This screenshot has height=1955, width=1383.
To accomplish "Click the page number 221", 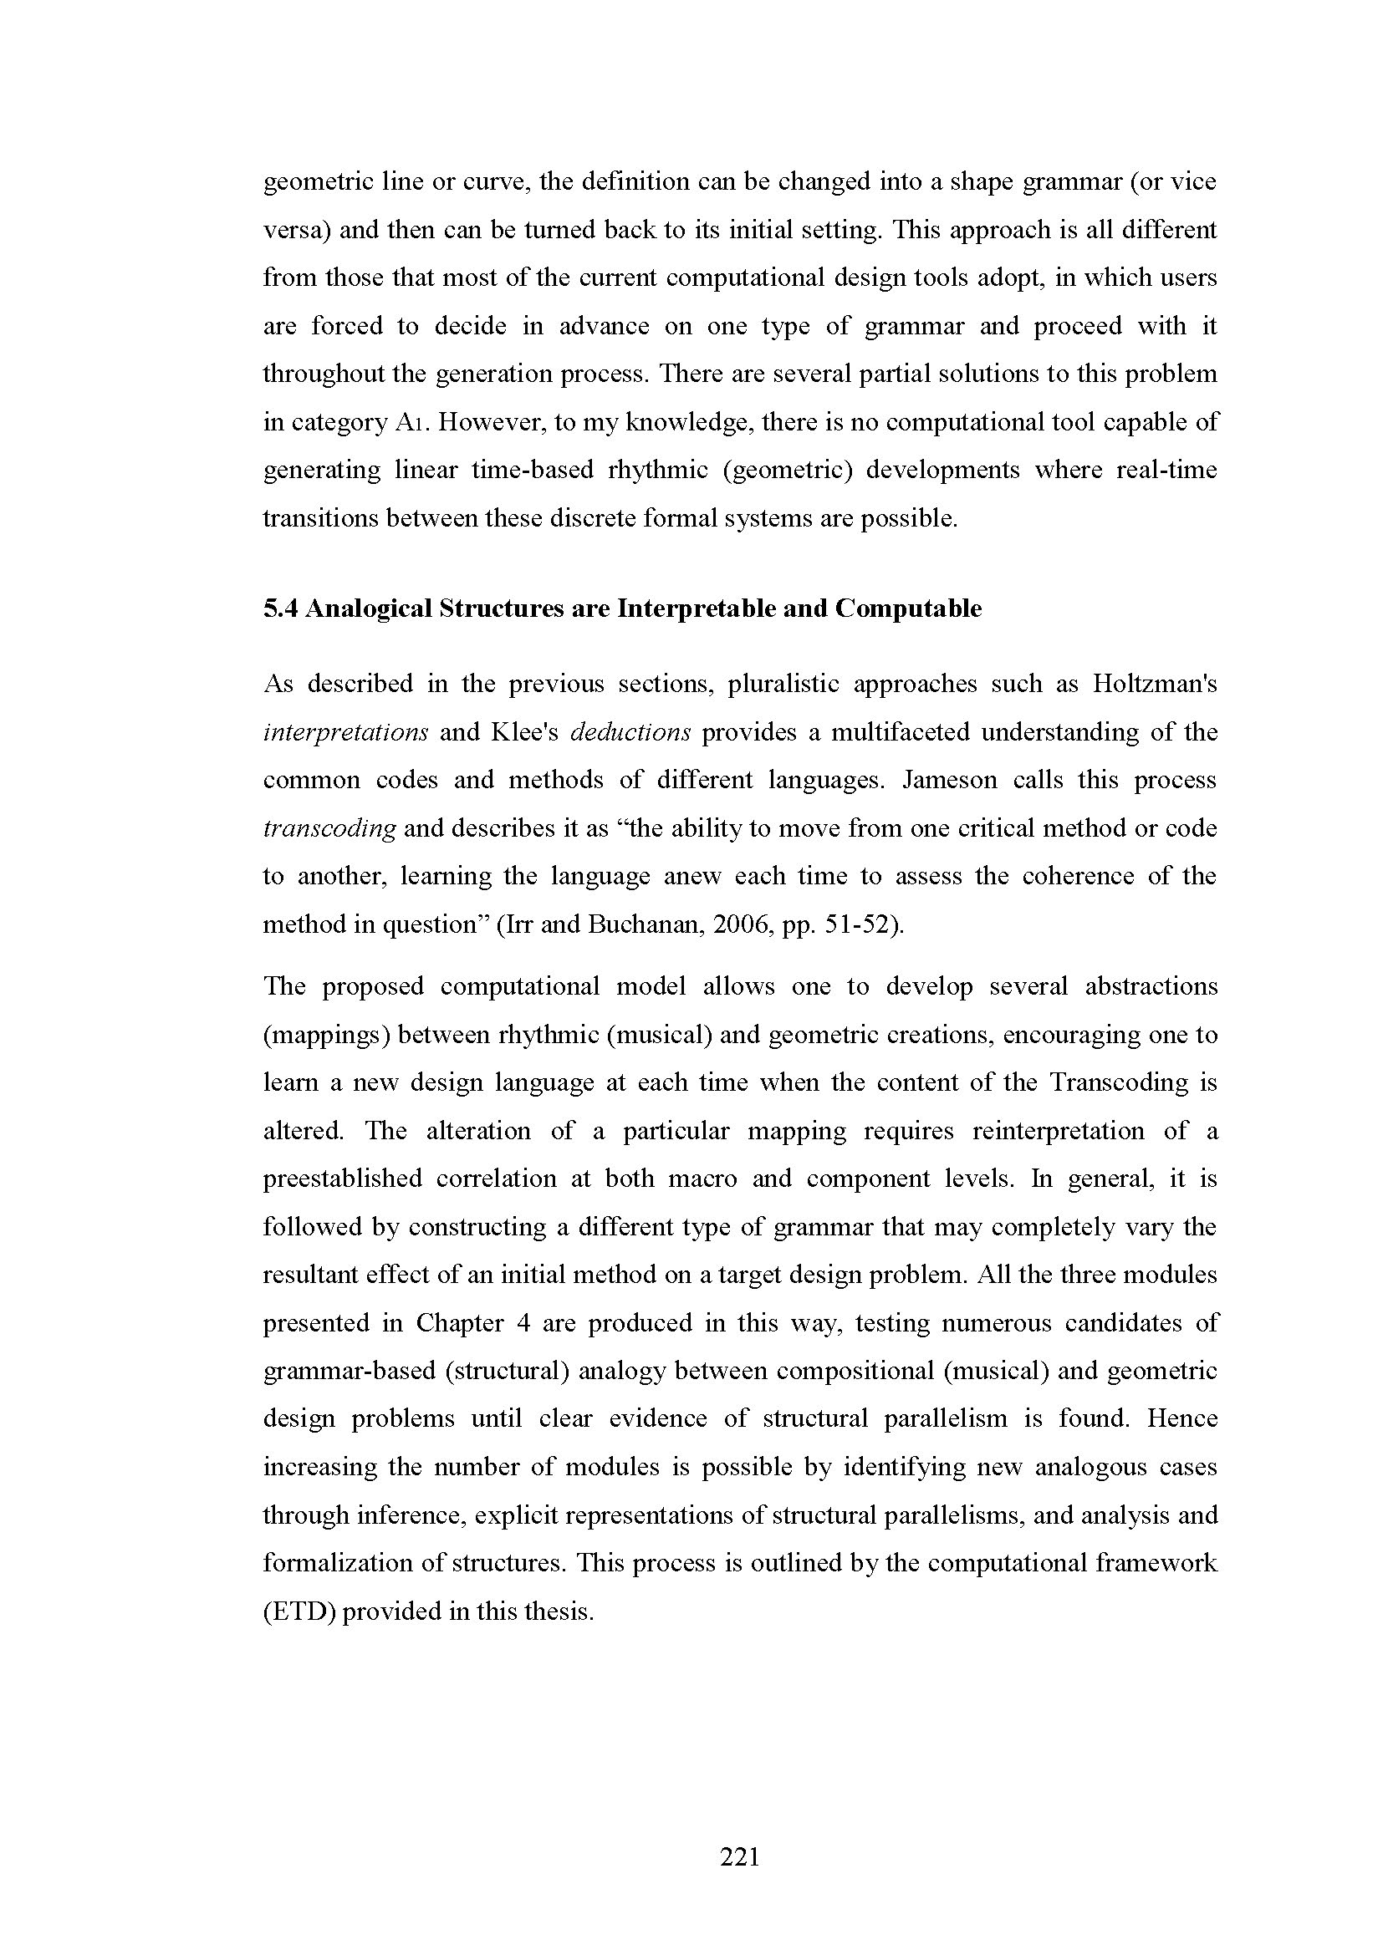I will click(x=739, y=1856).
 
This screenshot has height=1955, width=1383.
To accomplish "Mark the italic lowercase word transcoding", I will click(x=329, y=828).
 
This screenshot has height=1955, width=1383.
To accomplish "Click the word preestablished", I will click(x=342, y=1179).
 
